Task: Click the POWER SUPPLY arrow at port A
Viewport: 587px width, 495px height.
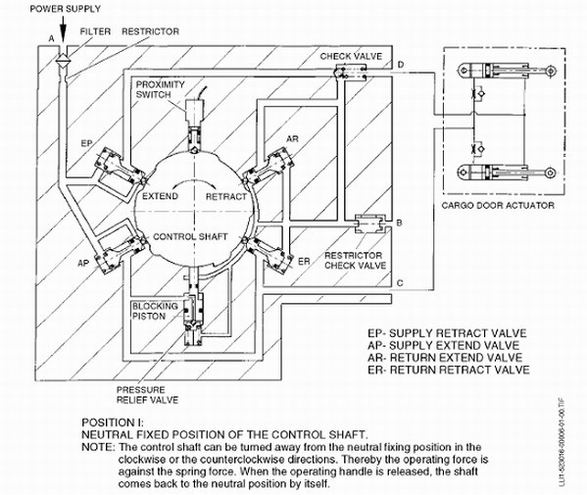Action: (63, 29)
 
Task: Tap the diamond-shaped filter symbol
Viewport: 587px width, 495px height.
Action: (62, 59)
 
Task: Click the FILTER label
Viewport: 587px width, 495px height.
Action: (95, 31)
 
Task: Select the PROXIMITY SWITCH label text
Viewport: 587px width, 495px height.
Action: (161, 89)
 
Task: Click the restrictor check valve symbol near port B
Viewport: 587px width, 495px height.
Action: (369, 223)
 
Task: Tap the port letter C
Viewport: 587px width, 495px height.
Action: (400, 282)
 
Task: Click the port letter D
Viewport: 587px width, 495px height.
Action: (401, 65)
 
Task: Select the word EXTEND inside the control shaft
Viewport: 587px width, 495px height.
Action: (161, 196)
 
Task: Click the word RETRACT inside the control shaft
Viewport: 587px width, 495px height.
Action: (226, 197)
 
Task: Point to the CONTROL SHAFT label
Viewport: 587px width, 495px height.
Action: (190, 236)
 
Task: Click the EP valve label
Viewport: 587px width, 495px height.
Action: (86, 143)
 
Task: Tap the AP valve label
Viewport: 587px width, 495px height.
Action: (83, 264)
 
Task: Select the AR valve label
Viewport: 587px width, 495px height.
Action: (293, 139)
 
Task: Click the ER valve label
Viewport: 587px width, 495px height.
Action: (304, 262)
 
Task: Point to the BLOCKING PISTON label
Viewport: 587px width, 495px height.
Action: (155, 311)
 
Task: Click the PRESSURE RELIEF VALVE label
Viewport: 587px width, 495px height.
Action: (148, 395)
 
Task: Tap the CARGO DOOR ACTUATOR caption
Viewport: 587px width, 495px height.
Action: (498, 205)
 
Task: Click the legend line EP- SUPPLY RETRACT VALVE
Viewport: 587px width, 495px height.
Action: (447, 333)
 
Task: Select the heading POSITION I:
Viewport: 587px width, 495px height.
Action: (113, 422)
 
